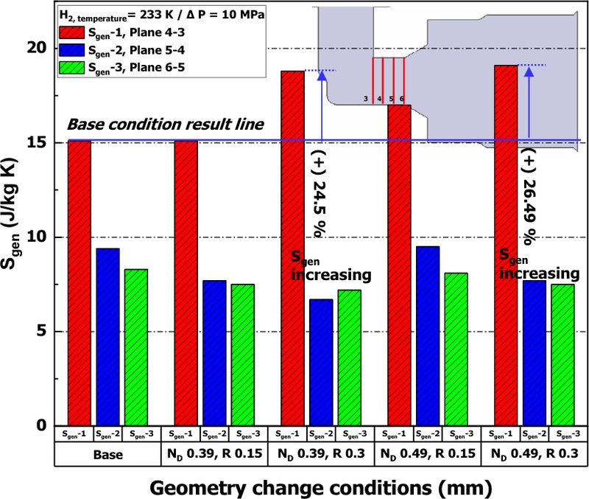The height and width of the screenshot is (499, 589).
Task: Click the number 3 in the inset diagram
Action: tap(365, 98)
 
